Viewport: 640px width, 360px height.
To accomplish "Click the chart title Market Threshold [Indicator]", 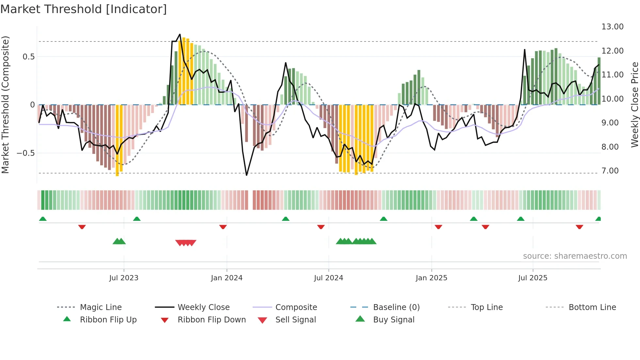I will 84,9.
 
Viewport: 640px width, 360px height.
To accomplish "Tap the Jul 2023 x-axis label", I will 124,278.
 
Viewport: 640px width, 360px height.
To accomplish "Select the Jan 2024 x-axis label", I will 227,278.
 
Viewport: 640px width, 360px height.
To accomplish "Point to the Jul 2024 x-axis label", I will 328,278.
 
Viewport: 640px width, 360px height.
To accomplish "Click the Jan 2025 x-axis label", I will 431,278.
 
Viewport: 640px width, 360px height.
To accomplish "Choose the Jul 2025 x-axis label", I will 533,278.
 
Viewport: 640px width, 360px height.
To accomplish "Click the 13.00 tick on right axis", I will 612,27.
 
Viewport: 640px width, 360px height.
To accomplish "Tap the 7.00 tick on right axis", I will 610,171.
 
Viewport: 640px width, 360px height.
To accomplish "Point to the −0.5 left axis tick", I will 25,153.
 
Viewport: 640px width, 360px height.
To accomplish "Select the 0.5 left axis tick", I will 28,57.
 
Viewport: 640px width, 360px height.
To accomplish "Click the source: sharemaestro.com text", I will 575,256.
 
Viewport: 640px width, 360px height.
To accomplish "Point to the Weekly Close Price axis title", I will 634,105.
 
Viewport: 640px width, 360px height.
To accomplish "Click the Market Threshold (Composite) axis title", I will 5,105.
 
